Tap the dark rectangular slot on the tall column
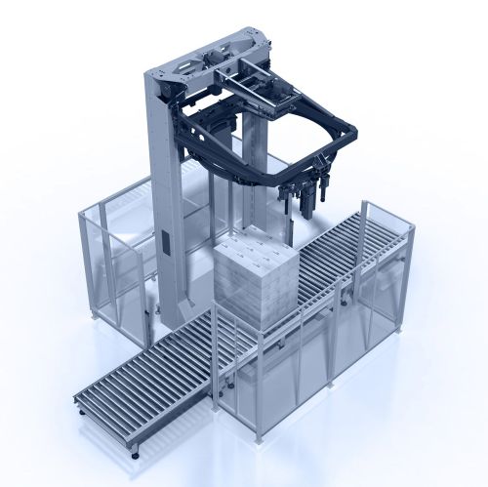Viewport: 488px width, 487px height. [166, 244]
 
